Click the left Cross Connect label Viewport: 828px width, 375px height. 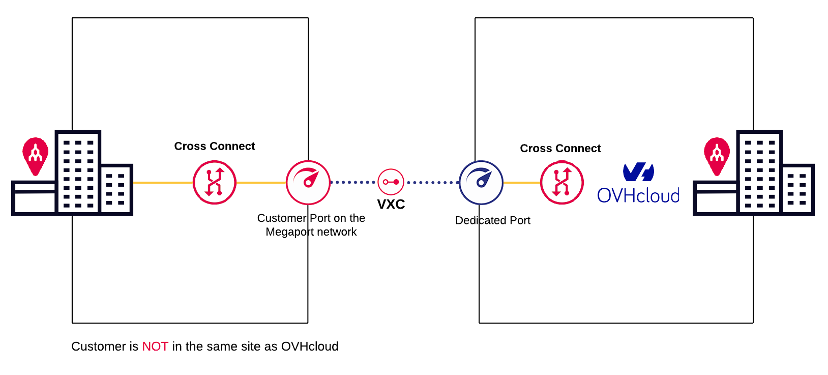[x=214, y=147]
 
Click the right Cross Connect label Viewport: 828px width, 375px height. [x=560, y=149]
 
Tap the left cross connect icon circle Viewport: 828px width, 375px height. [x=215, y=183]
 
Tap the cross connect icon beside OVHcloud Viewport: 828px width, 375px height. [x=561, y=183]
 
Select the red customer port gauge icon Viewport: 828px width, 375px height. [x=308, y=183]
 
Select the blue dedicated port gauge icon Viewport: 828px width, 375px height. [x=481, y=183]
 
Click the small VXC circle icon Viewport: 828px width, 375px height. [x=391, y=182]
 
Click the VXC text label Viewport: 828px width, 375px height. [x=391, y=205]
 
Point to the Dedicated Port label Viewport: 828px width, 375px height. [x=492, y=220]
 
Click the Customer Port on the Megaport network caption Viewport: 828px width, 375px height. [x=311, y=225]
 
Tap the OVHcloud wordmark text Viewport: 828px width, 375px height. [x=638, y=196]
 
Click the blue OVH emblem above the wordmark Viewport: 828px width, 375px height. [x=638, y=172]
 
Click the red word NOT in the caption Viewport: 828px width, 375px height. [x=155, y=347]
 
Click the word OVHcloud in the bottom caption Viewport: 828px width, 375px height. [x=309, y=347]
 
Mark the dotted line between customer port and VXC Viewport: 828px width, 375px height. [x=353, y=182]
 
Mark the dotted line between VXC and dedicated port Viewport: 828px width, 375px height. [x=432, y=182]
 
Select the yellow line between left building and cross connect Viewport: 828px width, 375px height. [x=163, y=183]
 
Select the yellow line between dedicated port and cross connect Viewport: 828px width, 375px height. [x=521, y=183]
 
